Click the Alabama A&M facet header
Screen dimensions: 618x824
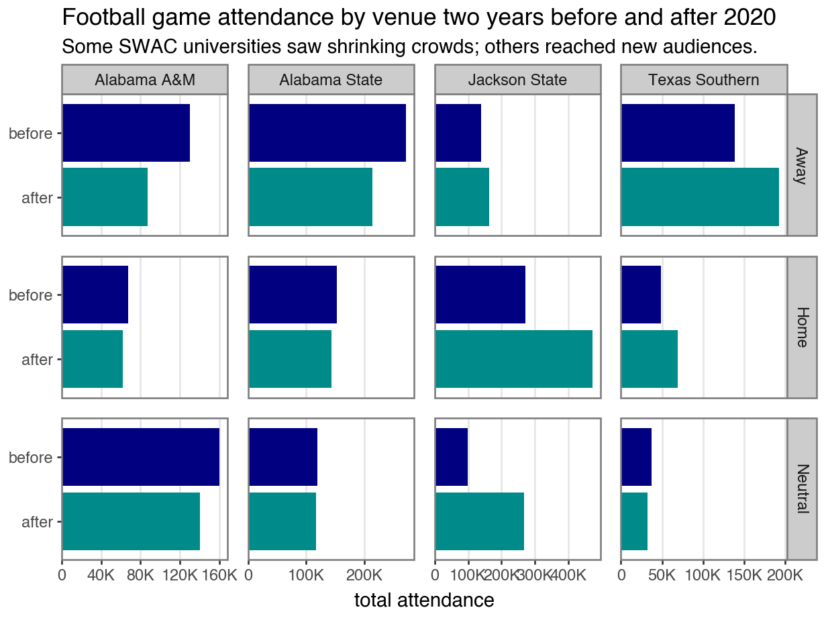145,80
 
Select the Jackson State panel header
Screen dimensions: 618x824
517,80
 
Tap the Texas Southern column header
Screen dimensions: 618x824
704,80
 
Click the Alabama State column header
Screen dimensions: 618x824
331,80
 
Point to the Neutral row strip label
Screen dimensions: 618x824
801,488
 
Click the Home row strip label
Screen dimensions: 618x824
801,327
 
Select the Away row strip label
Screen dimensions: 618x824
801,165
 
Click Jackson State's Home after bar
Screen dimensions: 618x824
514,359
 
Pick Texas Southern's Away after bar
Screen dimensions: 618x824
700,197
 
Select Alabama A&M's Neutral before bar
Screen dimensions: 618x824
141,457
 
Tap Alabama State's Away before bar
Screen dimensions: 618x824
327,133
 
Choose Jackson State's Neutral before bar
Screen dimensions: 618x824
452,457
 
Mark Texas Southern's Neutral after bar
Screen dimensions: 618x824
635,521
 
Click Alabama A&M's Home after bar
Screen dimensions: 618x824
93,359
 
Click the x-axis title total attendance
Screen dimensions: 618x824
424,600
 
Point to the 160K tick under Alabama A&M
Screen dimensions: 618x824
219,576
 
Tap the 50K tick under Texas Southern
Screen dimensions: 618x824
662,576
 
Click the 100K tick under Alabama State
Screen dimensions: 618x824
307,576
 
